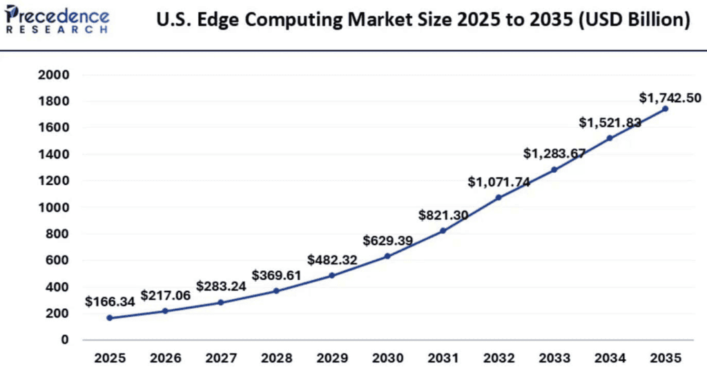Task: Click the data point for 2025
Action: click(x=110, y=318)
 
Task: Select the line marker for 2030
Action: click(x=387, y=256)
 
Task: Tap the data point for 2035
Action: click(x=665, y=108)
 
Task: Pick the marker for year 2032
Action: click(x=498, y=198)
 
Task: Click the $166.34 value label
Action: click(x=110, y=301)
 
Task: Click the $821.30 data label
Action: click(x=443, y=215)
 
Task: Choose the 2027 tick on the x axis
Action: click(x=221, y=358)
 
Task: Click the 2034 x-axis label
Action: click(x=609, y=358)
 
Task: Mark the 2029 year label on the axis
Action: click(x=332, y=358)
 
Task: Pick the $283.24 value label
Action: click(x=222, y=285)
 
